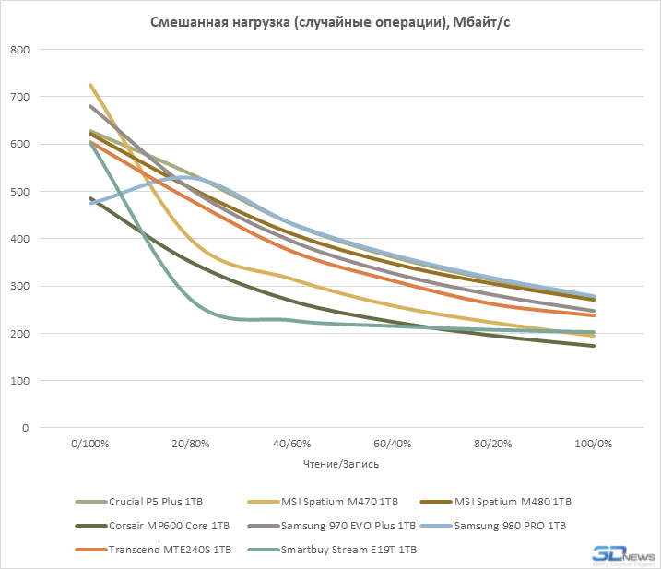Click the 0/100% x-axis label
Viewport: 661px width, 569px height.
click(x=90, y=444)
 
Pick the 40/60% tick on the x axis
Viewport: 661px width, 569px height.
click(x=291, y=444)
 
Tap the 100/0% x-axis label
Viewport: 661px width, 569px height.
click(x=594, y=444)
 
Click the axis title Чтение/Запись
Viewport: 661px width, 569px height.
click(x=341, y=464)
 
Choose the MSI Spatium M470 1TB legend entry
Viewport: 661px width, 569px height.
click(x=336, y=502)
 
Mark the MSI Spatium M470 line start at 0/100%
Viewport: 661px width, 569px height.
click(x=90, y=85)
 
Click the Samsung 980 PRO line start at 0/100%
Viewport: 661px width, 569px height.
click(x=90, y=203)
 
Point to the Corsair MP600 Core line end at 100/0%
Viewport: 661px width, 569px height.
click(x=594, y=346)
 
